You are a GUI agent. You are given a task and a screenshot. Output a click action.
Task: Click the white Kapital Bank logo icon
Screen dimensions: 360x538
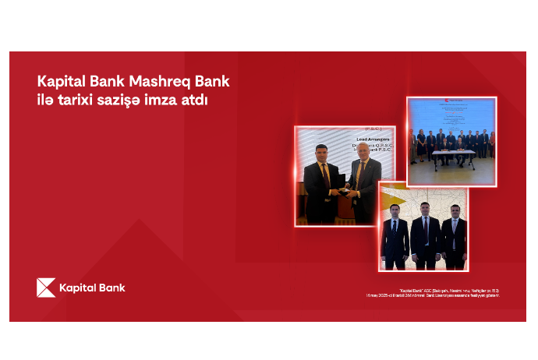pyautogui.click(x=46, y=288)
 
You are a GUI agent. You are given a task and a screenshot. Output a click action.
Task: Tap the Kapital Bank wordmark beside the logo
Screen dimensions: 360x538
pyautogui.click(x=92, y=288)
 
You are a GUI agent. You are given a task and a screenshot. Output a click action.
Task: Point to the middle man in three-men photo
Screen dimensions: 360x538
pyautogui.click(x=424, y=234)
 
